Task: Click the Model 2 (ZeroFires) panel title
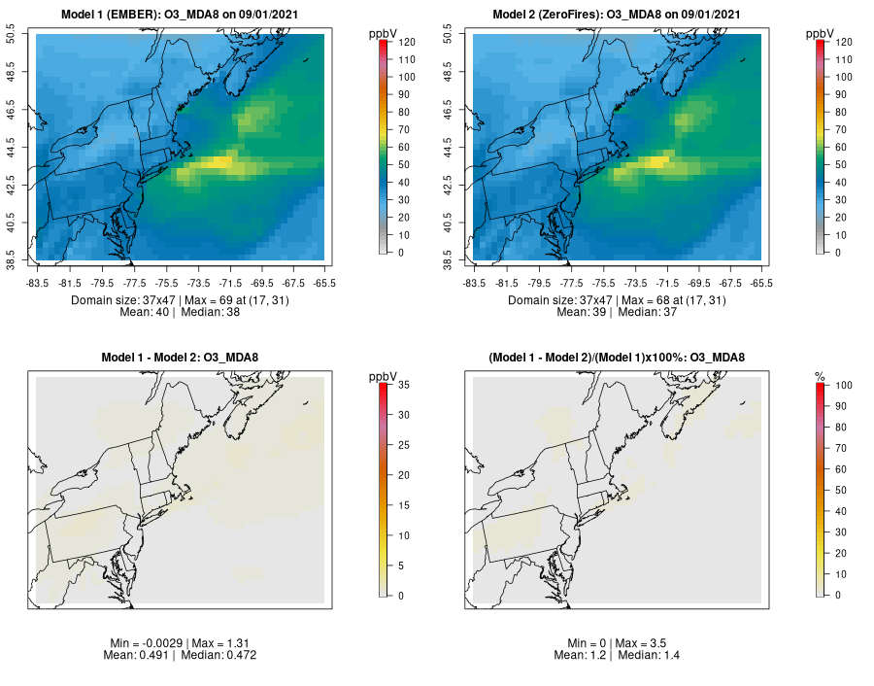tap(618, 15)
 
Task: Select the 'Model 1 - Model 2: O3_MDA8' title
tap(181, 358)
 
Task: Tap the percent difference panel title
tap(618, 358)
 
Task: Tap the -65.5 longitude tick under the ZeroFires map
tap(761, 283)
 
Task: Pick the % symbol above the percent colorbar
tap(820, 375)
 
